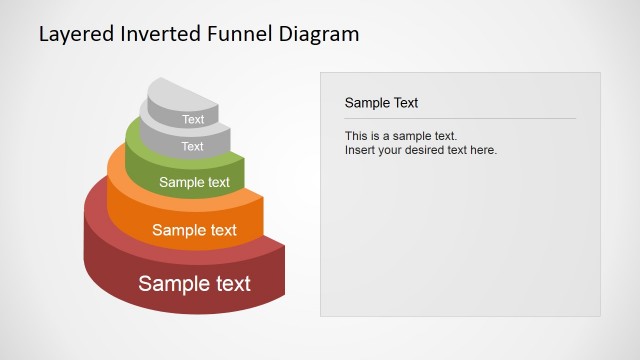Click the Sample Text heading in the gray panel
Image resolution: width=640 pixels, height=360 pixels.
point(381,102)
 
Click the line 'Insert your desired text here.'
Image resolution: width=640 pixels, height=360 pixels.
point(420,150)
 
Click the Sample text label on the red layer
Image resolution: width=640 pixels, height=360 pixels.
point(194,283)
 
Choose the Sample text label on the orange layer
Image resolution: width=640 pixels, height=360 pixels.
point(194,230)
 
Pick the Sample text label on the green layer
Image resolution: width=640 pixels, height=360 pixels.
point(194,182)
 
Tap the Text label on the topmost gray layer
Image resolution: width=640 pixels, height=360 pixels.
point(193,120)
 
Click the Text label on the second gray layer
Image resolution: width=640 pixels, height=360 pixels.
point(192,146)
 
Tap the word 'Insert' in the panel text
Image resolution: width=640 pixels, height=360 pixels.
point(361,150)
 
